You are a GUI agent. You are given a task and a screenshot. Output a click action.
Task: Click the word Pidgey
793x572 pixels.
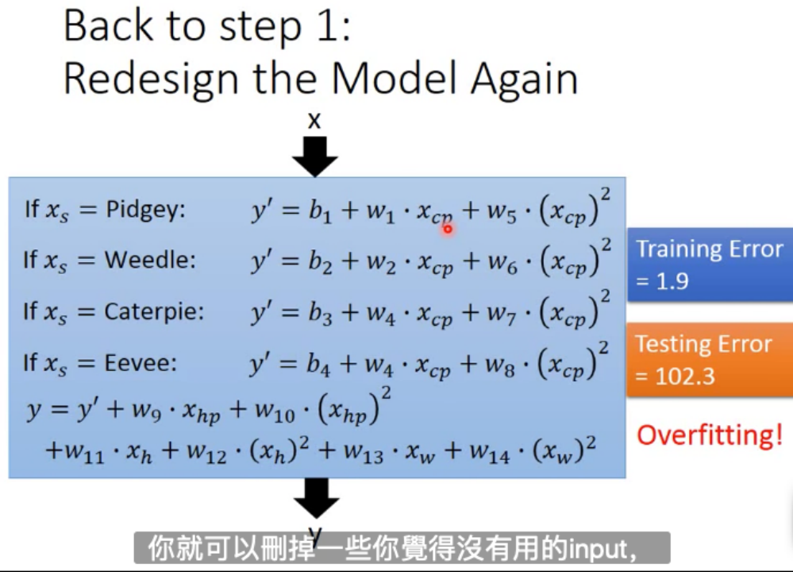tap(144, 211)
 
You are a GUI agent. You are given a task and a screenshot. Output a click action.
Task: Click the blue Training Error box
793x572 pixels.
tap(709, 265)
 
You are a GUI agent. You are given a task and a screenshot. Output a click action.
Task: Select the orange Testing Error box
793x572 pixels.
tap(709, 359)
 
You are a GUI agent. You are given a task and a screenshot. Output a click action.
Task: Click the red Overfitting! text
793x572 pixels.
tap(710, 435)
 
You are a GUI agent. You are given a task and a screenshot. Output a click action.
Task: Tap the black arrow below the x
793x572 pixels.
tap(315, 156)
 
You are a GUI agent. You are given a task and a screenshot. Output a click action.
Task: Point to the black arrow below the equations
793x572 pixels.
tap(316, 499)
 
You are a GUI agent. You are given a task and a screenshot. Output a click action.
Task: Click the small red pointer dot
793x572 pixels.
tap(448, 230)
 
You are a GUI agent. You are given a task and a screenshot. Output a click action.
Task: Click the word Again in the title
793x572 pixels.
tap(523, 79)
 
